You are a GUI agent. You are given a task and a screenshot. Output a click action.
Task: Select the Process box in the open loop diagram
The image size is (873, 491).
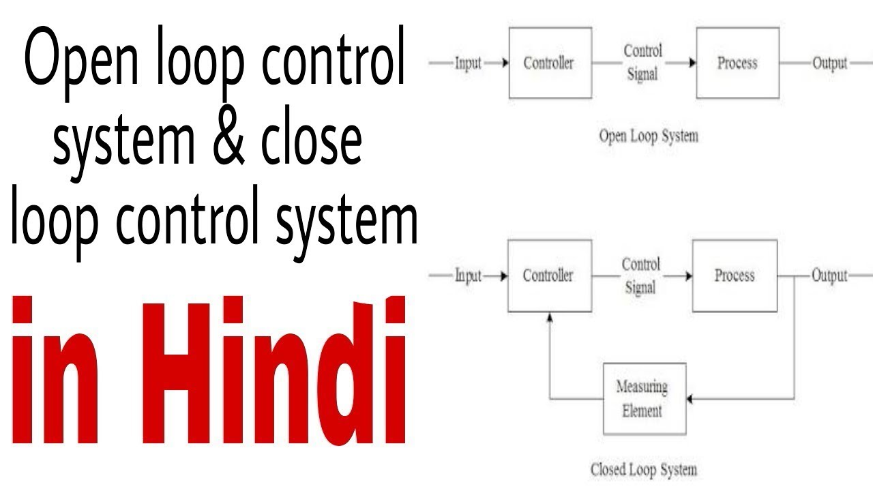737,63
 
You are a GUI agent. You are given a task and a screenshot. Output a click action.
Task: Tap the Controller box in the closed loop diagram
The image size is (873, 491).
549,276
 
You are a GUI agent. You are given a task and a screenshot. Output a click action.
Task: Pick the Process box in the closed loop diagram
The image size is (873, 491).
735,276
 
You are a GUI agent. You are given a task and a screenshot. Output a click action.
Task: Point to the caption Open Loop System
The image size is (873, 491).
648,136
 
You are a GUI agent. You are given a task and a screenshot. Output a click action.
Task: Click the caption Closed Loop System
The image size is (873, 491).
643,469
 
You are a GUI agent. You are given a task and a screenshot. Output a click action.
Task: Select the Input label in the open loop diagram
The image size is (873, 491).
469,63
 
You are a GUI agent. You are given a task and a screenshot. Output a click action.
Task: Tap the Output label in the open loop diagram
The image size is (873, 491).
829,63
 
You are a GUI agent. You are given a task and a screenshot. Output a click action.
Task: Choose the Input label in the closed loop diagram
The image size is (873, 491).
469,276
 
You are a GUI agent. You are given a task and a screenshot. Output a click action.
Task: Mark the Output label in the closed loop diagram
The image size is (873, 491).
829,276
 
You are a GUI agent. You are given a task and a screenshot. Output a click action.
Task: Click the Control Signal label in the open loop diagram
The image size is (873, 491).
642,63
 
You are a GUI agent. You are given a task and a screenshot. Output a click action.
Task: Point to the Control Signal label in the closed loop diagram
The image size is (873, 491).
641,276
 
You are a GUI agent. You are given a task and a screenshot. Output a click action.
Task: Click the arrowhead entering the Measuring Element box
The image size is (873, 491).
691,399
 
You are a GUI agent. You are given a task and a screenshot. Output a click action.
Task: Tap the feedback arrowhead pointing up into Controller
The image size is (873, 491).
550,317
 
